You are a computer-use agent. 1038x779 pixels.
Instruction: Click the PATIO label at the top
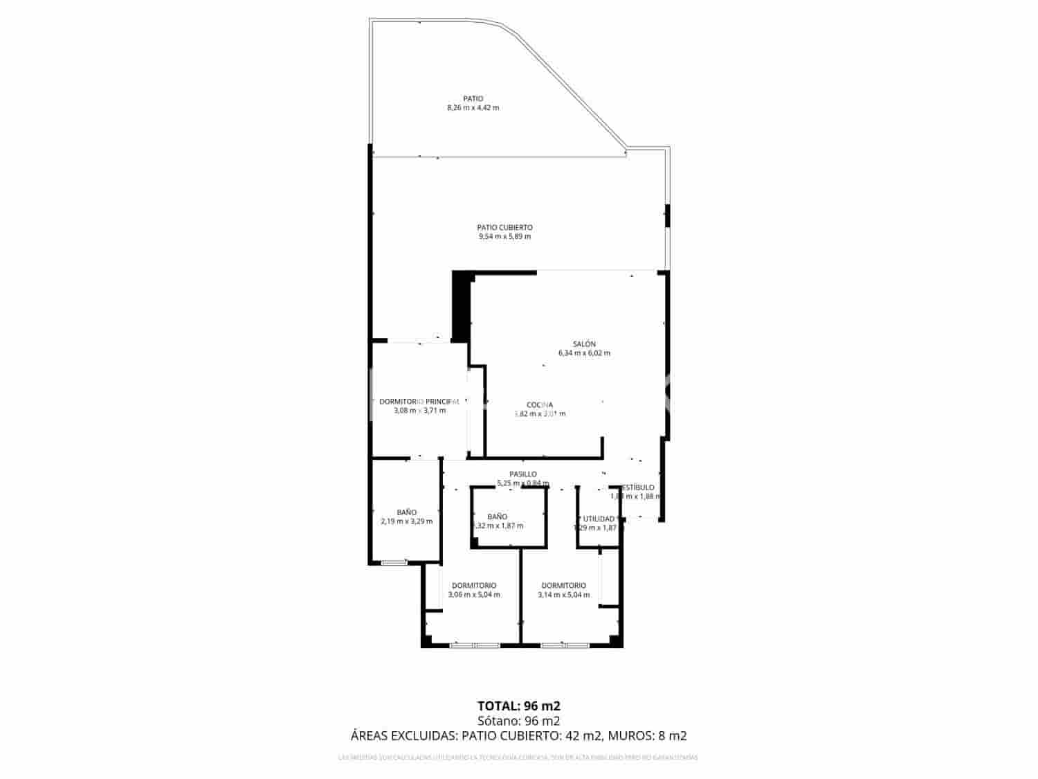[473, 98]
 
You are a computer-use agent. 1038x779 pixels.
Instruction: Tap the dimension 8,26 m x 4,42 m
[473, 108]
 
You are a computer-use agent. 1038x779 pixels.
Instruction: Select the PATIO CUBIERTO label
[504, 227]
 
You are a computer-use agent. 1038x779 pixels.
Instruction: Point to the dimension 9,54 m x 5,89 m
[504, 237]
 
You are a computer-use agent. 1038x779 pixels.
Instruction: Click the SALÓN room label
[584, 344]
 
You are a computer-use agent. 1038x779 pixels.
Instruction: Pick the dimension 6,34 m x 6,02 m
[584, 353]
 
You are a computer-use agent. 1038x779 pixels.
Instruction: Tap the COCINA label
[540, 405]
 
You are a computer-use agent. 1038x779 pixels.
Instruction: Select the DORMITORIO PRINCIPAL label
[419, 402]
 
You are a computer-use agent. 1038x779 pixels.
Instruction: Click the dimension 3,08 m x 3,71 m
[419, 411]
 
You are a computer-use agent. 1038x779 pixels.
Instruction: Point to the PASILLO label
[523, 474]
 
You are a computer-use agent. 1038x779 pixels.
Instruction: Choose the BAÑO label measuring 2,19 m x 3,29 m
[407, 512]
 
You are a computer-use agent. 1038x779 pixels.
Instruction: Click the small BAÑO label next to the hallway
[497, 517]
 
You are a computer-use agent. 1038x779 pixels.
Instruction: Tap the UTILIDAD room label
[599, 519]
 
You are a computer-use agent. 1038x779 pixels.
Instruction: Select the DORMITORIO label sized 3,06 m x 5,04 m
[474, 586]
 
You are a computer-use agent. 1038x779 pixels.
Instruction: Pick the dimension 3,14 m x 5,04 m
[564, 595]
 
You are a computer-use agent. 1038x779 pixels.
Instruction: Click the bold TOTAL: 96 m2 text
[518, 706]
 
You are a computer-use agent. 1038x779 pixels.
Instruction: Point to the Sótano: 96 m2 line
[518, 721]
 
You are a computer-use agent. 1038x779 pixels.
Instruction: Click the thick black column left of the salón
[460, 306]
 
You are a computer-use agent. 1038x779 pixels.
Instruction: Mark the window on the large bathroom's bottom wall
[394, 562]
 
